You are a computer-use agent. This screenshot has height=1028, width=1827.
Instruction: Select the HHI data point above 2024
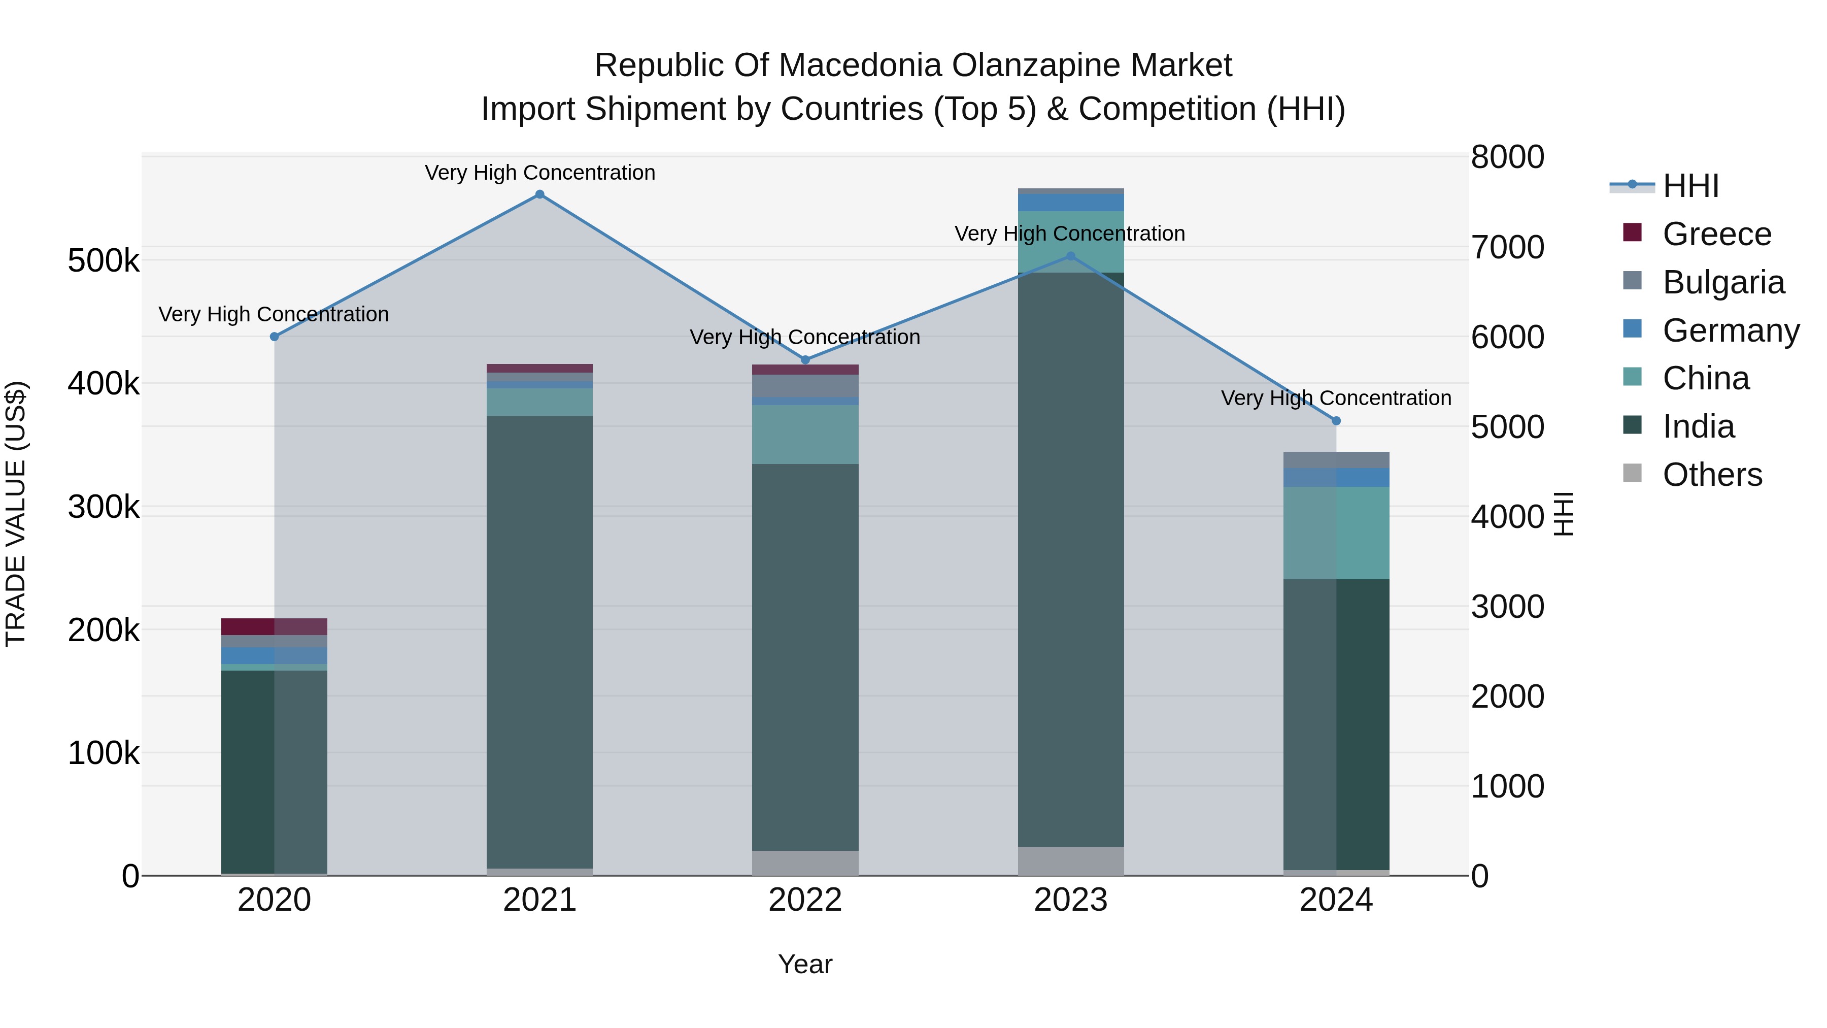click(1336, 421)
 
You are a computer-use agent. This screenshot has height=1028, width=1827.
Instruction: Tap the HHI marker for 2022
click(805, 360)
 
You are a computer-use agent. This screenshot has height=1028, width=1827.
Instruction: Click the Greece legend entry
click(1716, 234)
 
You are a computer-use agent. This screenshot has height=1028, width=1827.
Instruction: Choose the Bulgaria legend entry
click(1723, 282)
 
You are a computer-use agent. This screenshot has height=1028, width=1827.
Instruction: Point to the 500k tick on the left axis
click(104, 261)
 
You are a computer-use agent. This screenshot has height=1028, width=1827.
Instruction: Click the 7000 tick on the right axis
click(1507, 247)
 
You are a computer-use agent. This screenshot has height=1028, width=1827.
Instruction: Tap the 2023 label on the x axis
click(1070, 900)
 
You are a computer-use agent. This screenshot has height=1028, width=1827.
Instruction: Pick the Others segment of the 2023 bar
click(1070, 860)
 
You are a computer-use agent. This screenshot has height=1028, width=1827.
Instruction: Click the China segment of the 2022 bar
click(805, 434)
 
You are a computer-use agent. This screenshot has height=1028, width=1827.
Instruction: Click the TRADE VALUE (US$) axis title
click(16, 514)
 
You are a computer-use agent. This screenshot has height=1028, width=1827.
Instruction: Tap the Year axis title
click(805, 964)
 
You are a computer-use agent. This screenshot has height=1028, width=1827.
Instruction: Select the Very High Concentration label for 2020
click(274, 314)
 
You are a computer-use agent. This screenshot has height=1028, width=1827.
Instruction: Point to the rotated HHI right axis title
click(1563, 514)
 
